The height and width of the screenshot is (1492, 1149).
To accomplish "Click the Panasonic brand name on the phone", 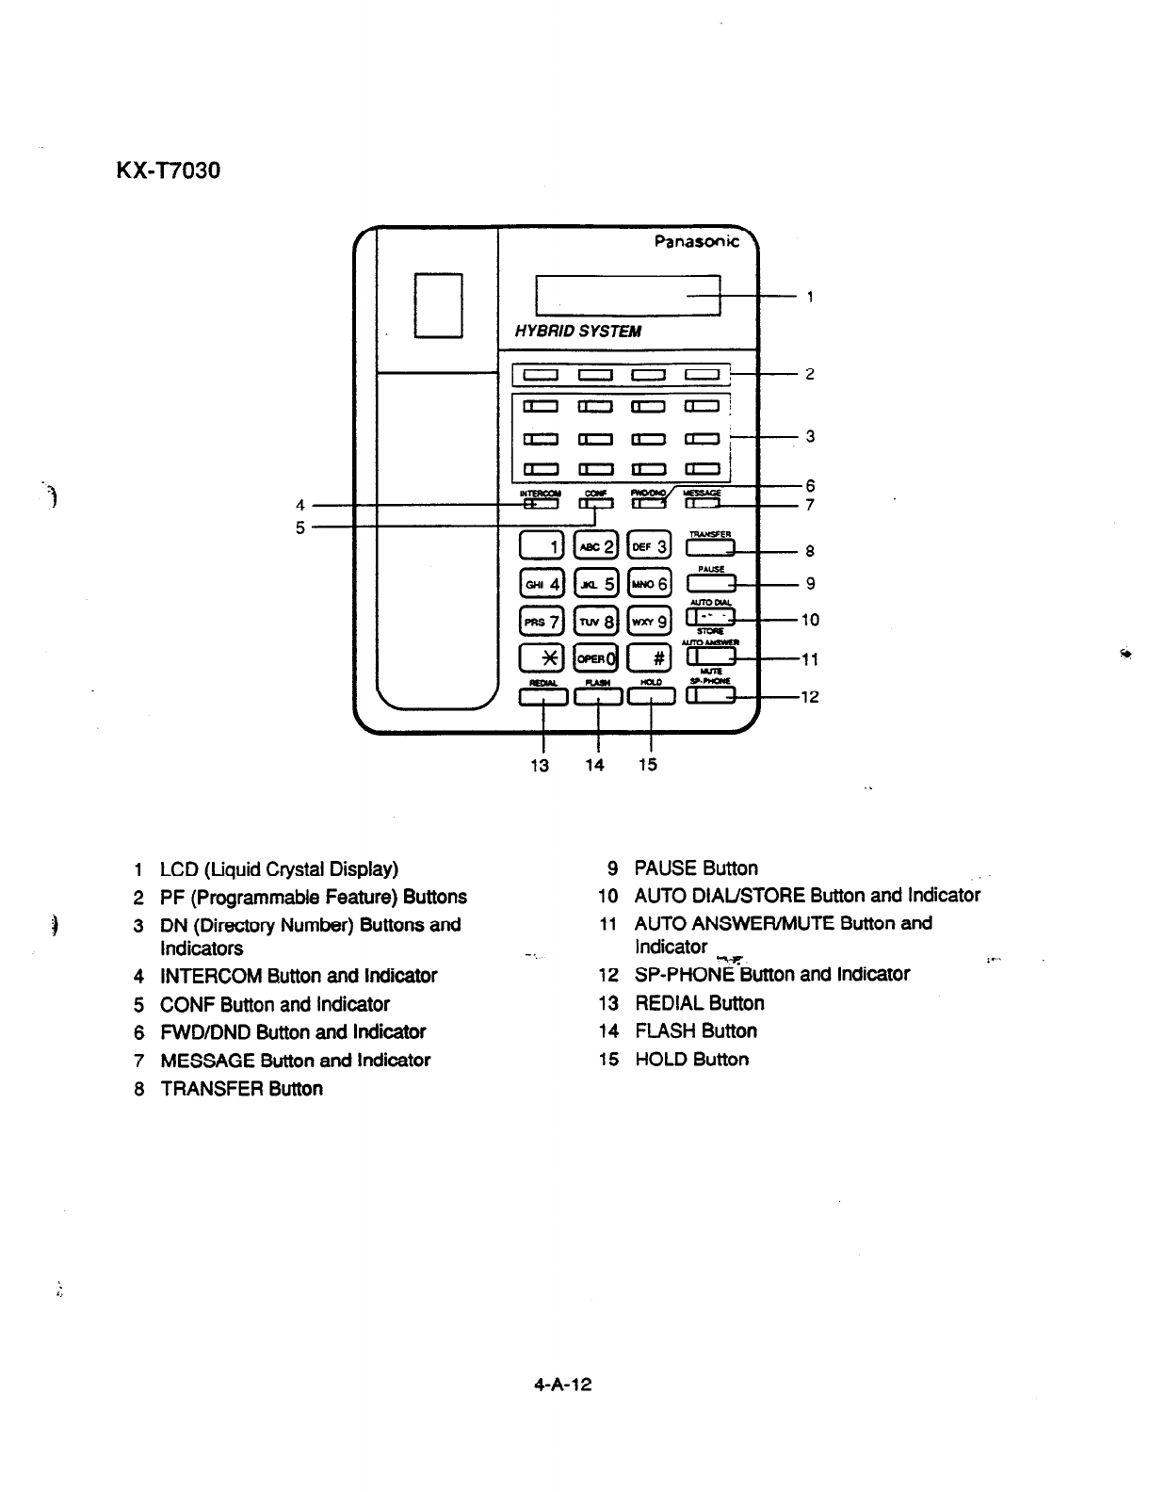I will (697, 242).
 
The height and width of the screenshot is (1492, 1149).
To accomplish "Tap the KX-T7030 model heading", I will (168, 172).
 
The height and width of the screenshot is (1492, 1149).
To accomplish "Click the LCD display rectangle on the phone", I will (627, 294).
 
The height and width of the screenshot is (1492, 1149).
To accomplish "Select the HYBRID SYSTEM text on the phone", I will (577, 332).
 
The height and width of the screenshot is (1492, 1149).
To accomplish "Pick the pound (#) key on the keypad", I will (651, 657).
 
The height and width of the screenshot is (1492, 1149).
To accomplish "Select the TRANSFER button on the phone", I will (711, 549).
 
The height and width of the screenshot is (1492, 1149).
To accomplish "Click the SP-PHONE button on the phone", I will (711, 696).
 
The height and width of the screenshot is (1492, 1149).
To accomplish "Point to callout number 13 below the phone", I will (540, 765).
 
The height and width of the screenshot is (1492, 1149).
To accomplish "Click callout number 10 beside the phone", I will (810, 620).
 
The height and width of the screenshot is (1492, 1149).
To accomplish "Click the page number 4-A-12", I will (562, 1385).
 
